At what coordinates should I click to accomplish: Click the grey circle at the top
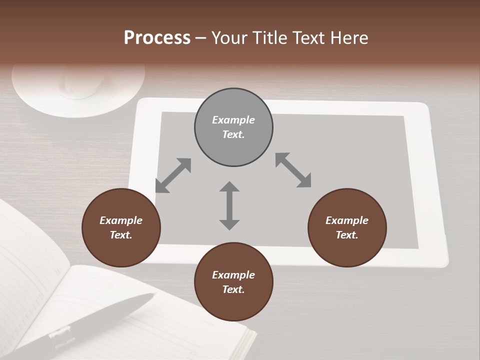[233, 127]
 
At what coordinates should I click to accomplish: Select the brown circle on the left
[121, 227]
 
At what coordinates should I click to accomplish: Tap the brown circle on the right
[347, 227]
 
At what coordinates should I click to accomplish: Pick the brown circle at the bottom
[233, 282]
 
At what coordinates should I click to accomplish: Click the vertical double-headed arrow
[229, 205]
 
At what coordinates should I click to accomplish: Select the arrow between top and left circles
[173, 175]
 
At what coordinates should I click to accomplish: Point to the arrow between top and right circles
[293, 170]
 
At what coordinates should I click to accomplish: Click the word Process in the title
[157, 37]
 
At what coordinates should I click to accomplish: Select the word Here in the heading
[349, 37]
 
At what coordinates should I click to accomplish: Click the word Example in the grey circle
[233, 120]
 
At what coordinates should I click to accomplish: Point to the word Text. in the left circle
[121, 235]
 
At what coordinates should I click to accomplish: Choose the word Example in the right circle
[347, 220]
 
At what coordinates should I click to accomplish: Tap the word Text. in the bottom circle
[233, 289]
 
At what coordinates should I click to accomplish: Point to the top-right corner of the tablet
[425, 106]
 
